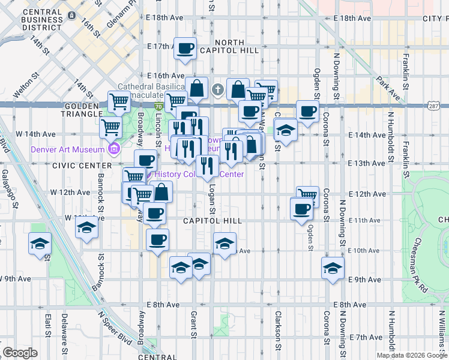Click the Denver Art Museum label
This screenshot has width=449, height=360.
65,149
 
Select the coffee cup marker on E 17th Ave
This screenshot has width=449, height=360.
185,48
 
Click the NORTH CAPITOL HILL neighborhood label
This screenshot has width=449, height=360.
229,46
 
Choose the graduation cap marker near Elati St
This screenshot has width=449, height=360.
40,244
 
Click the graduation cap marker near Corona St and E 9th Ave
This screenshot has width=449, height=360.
332,269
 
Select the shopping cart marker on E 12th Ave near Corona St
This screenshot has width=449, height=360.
307,195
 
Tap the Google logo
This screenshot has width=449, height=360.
20,353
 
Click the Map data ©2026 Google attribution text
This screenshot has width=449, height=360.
412,355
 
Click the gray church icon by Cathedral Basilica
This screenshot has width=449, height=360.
217,91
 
